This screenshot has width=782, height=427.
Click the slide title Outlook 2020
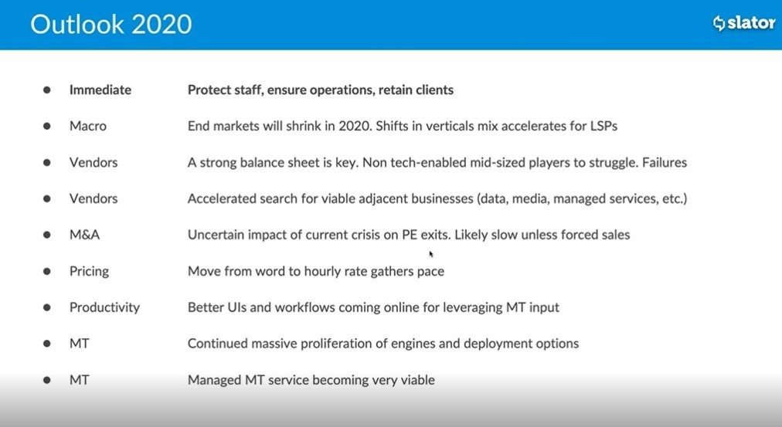pos(110,24)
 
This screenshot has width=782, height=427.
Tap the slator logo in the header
pos(744,23)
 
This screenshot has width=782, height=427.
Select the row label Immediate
pos(100,90)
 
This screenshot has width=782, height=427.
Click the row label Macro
pos(88,126)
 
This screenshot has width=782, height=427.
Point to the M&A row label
pos(84,235)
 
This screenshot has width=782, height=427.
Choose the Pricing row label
pos(89,272)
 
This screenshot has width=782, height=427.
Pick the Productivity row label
pos(104,307)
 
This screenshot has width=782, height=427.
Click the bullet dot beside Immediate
pos(47,90)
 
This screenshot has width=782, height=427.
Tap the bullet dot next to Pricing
pos(47,271)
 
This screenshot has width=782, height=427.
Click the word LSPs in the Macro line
pos(603,126)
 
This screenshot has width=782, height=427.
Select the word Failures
pos(665,162)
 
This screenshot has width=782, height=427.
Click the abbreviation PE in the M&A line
pos(410,235)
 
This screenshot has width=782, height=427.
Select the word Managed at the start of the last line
pos(215,380)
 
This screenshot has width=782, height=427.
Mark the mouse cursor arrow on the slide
pos(431,254)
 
